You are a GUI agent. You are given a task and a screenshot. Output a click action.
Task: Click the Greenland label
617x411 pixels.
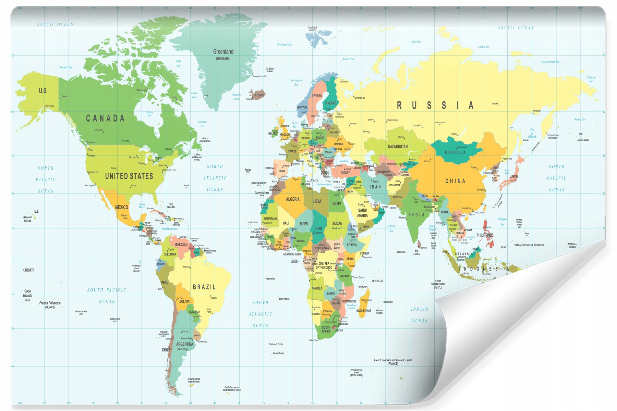(x=223, y=52)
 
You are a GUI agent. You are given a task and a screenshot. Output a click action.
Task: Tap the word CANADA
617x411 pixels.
(x=105, y=119)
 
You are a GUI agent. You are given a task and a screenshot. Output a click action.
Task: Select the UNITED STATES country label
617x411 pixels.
(x=129, y=176)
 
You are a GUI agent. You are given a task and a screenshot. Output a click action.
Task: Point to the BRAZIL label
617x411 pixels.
(x=204, y=287)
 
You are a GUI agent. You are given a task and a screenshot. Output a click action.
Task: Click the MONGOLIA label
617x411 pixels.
(x=455, y=152)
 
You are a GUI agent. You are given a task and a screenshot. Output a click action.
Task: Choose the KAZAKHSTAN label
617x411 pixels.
(x=398, y=147)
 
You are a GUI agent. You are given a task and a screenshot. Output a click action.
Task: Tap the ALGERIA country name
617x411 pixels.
(x=292, y=199)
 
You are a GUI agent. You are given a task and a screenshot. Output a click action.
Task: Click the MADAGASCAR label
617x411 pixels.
(x=364, y=311)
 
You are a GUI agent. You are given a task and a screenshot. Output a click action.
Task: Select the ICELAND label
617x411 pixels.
(x=259, y=95)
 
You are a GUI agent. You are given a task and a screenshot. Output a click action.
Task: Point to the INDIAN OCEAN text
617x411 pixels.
(x=420, y=315)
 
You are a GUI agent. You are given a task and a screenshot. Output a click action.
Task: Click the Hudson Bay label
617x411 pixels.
(x=149, y=114)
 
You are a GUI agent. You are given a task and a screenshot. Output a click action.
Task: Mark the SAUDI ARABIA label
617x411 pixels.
(x=362, y=213)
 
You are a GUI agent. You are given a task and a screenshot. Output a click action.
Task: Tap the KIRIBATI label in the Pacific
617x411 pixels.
(x=28, y=270)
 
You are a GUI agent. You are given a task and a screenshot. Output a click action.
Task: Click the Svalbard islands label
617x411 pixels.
(x=312, y=28)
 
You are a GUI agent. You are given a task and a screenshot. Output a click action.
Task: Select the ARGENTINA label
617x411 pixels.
(x=184, y=344)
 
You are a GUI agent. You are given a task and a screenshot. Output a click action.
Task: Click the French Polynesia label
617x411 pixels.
(x=50, y=303)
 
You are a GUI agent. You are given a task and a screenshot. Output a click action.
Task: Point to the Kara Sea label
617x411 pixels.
(x=416, y=42)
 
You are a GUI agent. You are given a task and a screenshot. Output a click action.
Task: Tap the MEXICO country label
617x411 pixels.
(x=121, y=207)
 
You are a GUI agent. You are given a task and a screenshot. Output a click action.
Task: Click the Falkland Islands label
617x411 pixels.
(x=194, y=379)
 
